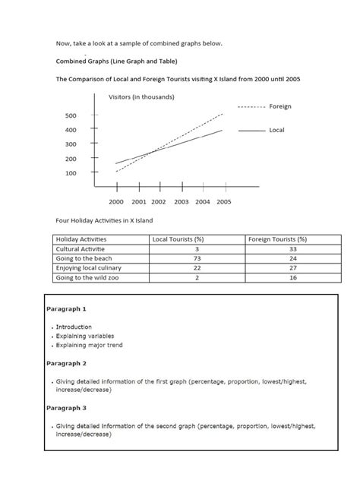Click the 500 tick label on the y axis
(x=71, y=115)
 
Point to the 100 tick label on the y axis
(x=71, y=173)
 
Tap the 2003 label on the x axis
(x=181, y=202)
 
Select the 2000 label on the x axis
(x=115, y=202)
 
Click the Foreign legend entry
(x=280, y=107)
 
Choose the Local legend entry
(x=276, y=131)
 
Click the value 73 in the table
(x=196, y=259)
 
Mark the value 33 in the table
(x=292, y=249)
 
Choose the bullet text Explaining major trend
(x=89, y=345)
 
